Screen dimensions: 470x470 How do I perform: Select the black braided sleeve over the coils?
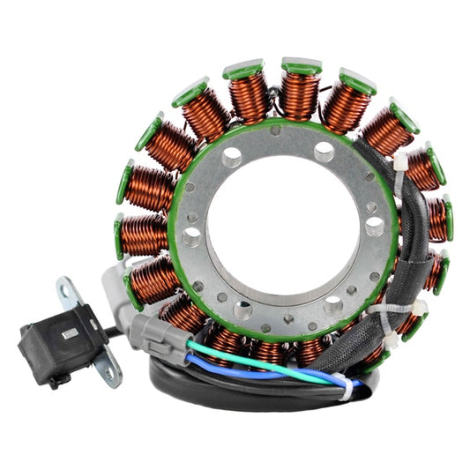click(x=401, y=256)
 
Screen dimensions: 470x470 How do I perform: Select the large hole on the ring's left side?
click(x=190, y=236)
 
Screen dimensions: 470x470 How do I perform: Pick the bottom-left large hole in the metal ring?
click(x=242, y=308)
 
